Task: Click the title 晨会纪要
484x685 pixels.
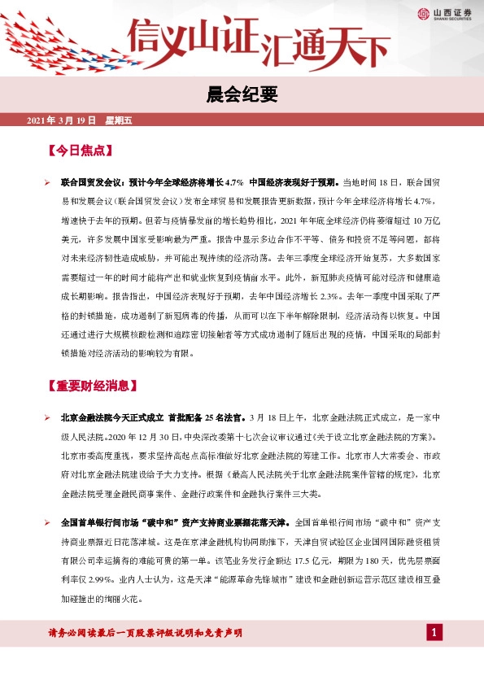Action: (242, 96)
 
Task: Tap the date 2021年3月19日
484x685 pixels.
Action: (62, 121)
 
